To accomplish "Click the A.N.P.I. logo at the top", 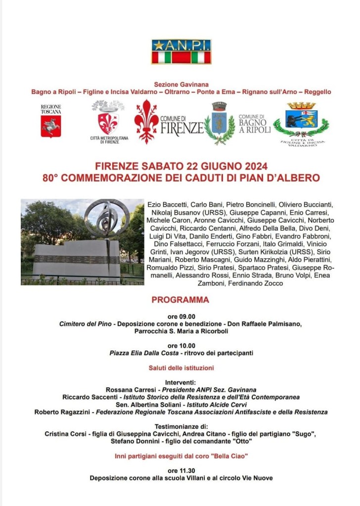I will click(x=181, y=52).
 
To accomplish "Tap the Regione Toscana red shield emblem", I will click(x=50, y=127).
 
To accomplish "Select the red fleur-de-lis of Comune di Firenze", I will click(x=146, y=121).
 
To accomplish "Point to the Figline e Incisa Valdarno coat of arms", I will click(x=301, y=119).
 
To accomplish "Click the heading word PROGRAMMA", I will click(x=180, y=300).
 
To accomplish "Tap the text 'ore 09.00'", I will click(x=181, y=317).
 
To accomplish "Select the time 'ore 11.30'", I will click(x=181, y=470).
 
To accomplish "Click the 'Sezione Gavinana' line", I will click(x=181, y=85).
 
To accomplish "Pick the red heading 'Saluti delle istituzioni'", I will click(x=181, y=368).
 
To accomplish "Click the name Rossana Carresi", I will click(x=126, y=390).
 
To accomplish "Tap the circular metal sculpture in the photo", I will click(x=106, y=218).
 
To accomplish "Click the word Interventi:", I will click(x=181, y=382).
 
